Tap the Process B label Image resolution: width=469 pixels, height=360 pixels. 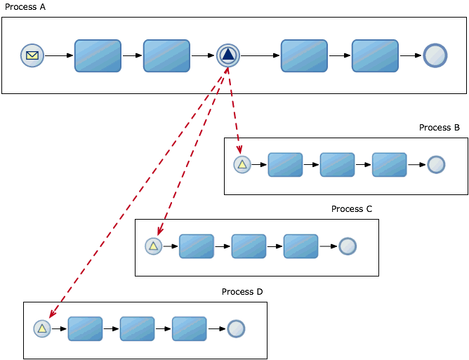coord(439,128)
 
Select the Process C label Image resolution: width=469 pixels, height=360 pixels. coord(351,209)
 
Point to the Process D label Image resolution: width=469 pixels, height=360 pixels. coord(242,291)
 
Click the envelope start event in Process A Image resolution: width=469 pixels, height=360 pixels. coord(32,55)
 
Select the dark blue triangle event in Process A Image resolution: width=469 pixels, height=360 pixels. coord(228,55)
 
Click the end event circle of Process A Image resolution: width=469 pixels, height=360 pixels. coord(435,55)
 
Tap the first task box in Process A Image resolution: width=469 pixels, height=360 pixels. coord(98,55)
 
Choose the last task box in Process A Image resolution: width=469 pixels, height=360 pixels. coord(375,55)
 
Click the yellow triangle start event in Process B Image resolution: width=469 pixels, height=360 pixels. coord(242,165)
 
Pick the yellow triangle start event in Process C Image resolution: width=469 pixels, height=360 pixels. coord(153,246)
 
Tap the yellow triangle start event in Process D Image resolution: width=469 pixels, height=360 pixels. coord(42,328)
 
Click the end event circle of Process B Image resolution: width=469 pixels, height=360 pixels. coord(436,165)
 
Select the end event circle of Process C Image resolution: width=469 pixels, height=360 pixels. coord(348,246)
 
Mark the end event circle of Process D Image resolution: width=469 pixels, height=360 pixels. coord(236,328)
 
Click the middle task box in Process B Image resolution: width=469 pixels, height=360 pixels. coord(337,165)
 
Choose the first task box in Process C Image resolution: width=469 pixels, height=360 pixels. coord(197,246)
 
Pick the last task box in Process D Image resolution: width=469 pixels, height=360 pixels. coord(189,328)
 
